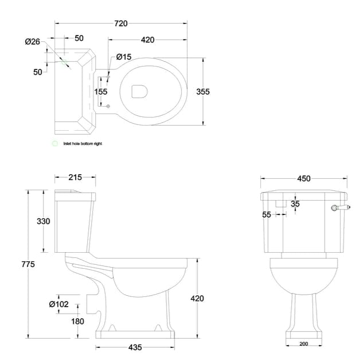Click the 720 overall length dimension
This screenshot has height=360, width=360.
(120, 24)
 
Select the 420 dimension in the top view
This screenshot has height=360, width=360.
(147, 40)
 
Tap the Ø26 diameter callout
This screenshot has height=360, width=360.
(32, 42)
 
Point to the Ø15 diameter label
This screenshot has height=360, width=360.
(124, 57)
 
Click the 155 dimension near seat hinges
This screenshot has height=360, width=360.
(101, 92)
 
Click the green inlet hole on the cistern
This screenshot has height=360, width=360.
(65, 61)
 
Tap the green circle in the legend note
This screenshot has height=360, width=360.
(55, 143)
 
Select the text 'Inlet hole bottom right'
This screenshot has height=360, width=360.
(83, 144)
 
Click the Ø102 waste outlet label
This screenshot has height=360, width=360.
(58, 304)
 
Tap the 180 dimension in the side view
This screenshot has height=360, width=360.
(77, 321)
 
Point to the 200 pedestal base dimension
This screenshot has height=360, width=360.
(303, 344)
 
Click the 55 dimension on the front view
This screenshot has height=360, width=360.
(267, 214)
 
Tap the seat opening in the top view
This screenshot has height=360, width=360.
(139, 92)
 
